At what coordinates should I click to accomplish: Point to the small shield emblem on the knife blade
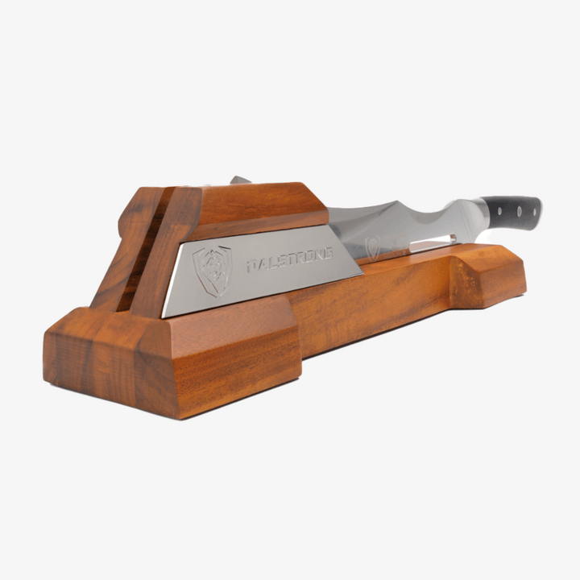[x=373, y=247]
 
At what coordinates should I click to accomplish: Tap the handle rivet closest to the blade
[x=499, y=216]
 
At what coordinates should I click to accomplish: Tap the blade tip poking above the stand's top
[x=239, y=180]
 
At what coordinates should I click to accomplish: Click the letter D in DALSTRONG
[x=251, y=266]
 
